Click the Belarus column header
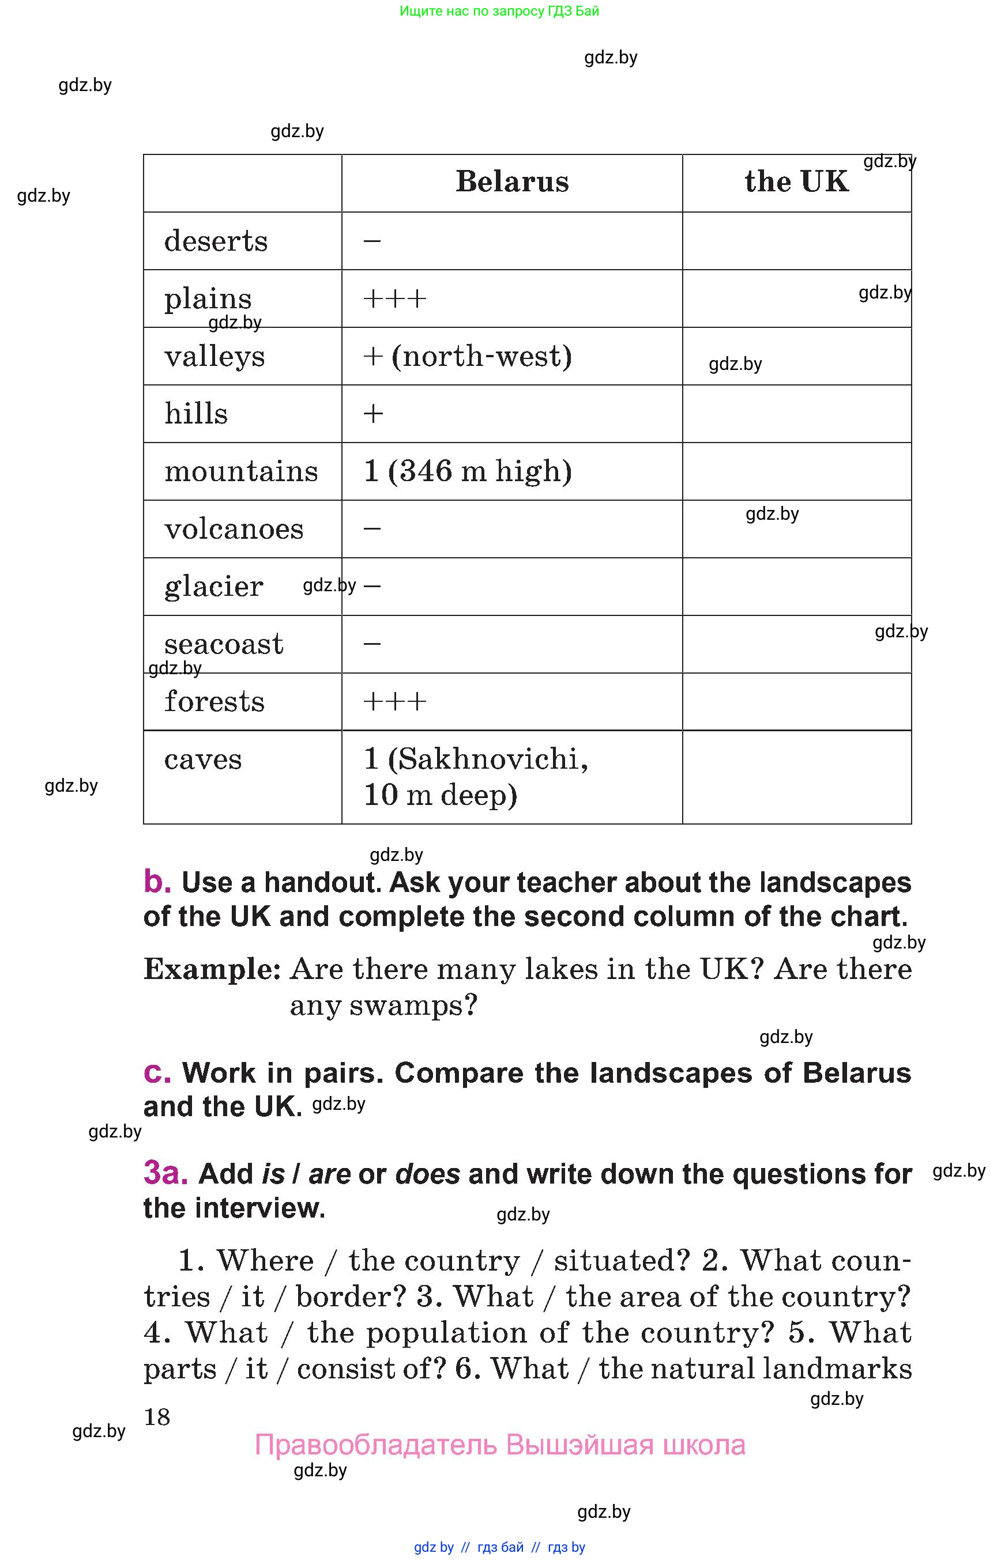(511, 182)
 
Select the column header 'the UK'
(796, 182)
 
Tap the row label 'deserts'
(216, 241)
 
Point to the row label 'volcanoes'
(234, 530)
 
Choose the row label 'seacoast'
(224, 644)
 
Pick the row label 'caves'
(203, 759)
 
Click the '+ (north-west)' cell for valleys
(466, 357)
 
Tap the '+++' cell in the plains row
(394, 300)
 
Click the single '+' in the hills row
(373, 414)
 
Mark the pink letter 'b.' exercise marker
(157, 882)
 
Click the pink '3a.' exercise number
(165, 1174)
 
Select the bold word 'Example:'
(212, 970)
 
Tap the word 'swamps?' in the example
(413, 1006)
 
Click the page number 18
(157, 1417)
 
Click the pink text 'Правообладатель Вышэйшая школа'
(499, 1445)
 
